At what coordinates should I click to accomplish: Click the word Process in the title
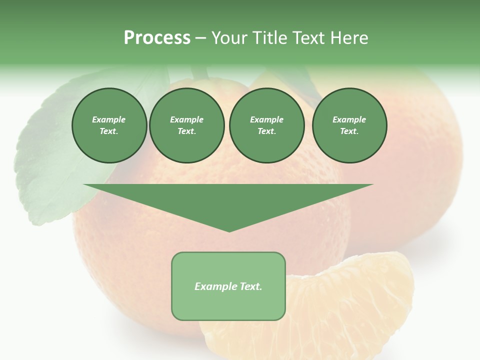tap(157, 38)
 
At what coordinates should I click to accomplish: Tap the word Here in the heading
tap(349, 38)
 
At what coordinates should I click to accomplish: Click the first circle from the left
tap(109, 125)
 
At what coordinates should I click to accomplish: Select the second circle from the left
tap(187, 125)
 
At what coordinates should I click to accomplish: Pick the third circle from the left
tap(267, 125)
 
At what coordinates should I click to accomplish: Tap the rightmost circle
tap(349, 125)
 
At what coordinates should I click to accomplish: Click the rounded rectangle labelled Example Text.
tap(228, 286)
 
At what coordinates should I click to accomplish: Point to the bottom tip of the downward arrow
tap(229, 231)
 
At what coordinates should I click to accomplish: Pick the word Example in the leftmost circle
tap(109, 120)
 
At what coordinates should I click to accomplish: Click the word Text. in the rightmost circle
tap(349, 131)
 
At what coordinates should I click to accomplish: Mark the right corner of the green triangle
tap(372, 185)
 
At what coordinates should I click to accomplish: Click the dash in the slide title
tap(201, 38)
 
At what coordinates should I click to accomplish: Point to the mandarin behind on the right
tap(415, 165)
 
